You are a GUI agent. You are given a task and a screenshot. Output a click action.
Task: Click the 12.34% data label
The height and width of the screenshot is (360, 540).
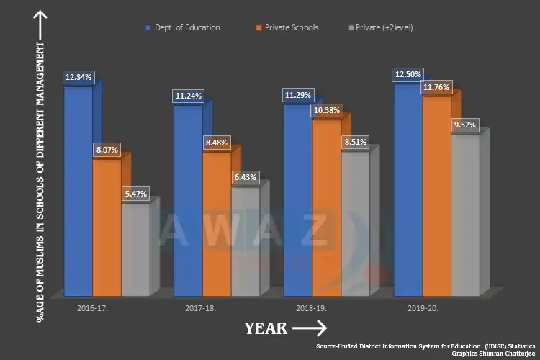(78, 76)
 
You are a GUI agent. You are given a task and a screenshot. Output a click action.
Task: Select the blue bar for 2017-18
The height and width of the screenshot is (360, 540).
(188, 202)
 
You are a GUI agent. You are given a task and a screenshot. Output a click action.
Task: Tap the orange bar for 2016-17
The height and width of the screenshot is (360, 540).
(107, 227)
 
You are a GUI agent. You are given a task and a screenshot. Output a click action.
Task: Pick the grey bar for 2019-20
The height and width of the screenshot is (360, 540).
(464, 216)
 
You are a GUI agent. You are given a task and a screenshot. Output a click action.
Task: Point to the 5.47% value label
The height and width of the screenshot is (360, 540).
(136, 194)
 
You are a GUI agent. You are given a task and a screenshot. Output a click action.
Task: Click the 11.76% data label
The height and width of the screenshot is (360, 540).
(436, 87)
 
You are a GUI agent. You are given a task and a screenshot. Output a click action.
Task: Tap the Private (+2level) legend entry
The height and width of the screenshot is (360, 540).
(381, 27)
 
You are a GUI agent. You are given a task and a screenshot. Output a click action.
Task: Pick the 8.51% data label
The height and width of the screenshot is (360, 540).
(354, 142)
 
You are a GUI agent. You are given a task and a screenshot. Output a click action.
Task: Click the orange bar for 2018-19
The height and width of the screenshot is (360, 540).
(326, 209)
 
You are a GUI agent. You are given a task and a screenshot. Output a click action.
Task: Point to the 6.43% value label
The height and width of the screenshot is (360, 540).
(245, 177)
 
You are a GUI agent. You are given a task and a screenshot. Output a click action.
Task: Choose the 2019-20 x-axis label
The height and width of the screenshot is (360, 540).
(422, 308)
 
